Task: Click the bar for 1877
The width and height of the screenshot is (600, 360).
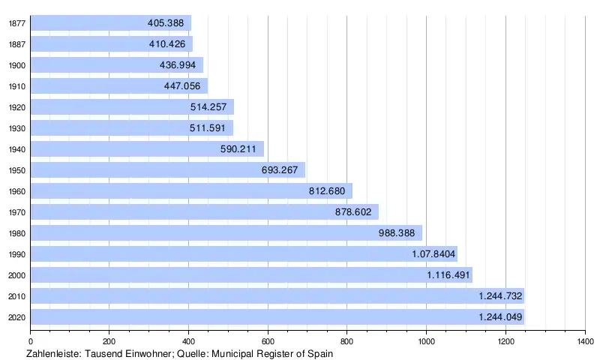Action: point(111,23)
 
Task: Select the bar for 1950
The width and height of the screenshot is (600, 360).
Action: point(167,170)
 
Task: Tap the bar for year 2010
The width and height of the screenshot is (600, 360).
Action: point(277,296)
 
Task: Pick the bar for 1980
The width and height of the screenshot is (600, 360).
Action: point(226,233)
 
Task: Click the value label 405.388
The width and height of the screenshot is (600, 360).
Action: point(166,23)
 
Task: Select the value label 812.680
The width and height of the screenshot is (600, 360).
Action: point(326,191)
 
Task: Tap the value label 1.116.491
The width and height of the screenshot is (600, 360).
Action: point(448,275)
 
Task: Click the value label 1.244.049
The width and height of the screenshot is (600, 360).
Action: point(500,317)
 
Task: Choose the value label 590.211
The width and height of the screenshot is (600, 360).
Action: point(238,149)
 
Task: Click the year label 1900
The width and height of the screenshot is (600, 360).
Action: point(17,65)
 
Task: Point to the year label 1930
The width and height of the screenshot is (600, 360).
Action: point(17,128)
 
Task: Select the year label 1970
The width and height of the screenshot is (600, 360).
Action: point(17,212)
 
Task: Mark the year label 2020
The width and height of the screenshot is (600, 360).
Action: point(17,317)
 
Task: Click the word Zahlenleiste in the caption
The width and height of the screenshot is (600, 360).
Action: point(52,352)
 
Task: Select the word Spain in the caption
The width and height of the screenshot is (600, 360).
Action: point(319,352)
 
